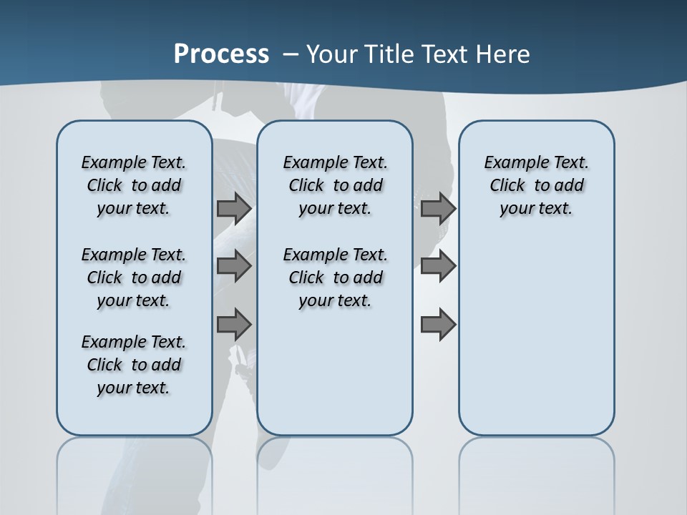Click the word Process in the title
click(221, 54)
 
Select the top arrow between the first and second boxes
click(234, 208)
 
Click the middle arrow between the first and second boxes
click(234, 266)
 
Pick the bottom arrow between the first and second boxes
click(234, 324)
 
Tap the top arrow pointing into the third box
click(438, 208)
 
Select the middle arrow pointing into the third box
click(438, 266)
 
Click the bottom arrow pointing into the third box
click(438, 324)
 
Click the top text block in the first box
click(134, 185)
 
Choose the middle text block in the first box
click(134, 278)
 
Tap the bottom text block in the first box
click(134, 365)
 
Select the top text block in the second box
click(335, 185)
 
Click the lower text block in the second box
click(335, 278)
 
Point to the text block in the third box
click(536, 185)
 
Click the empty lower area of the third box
click(536, 343)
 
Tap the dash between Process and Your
click(291, 54)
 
